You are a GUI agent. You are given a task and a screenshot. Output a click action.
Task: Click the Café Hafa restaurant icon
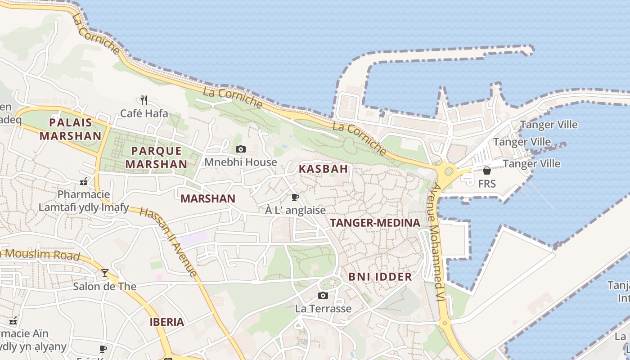coord(144,99)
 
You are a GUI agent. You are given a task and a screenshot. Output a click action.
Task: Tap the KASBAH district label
coord(323,169)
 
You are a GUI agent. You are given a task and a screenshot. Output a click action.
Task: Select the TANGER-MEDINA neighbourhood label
coord(375,223)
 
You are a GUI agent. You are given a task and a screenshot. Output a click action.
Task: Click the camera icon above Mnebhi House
coord(241,149)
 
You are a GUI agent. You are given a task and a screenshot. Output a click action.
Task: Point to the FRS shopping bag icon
coord(486,171)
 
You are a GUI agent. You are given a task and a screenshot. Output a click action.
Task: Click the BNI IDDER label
coord(380,277)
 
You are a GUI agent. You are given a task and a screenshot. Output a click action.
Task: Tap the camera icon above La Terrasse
coord(323,295)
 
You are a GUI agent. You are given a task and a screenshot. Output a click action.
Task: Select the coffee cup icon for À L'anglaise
coord(295,197)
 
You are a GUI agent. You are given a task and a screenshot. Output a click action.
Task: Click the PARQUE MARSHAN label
coord(156,157)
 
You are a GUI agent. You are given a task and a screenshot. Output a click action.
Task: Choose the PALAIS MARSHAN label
coord(70,129)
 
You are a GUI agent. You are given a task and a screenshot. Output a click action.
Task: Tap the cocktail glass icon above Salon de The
coord(104,273)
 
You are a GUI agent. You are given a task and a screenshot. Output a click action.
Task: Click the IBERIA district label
coord(167,322)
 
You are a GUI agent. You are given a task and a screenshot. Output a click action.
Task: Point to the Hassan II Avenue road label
coord(168,242)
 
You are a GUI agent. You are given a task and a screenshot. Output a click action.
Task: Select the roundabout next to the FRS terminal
coord(448,171)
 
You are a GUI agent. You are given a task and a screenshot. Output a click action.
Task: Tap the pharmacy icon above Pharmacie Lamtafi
coord(83,181)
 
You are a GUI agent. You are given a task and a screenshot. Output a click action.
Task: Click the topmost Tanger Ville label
coord(549,125)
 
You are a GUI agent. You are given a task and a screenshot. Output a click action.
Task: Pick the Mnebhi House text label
coord(241,162)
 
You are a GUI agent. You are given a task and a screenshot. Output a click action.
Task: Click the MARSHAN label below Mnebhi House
coord(208,198)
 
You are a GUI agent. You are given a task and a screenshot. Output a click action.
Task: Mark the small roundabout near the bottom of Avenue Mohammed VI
coord(445,323)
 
